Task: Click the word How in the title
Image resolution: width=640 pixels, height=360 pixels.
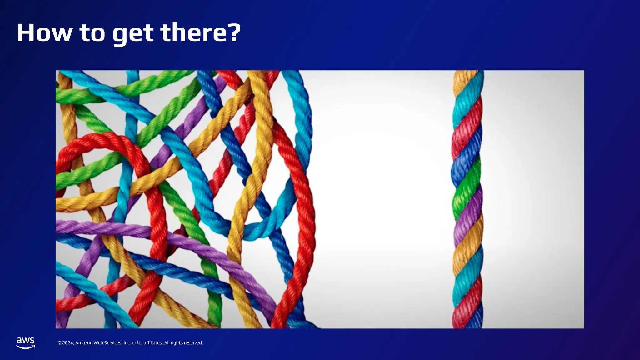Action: tap(44, 33)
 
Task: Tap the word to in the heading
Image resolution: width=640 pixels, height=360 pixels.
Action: tap(92, 33)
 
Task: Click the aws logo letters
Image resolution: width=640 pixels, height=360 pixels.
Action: tap(26, 341)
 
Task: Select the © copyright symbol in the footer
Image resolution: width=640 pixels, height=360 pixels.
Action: tap(59, 343)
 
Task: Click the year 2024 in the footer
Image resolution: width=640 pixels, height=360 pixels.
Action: tap(68, 343)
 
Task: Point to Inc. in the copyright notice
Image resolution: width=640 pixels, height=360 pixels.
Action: tap(127, 343)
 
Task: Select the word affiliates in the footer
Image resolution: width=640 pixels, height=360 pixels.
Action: tap(153, 343)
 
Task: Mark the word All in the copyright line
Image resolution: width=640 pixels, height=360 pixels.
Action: tap(167, 343)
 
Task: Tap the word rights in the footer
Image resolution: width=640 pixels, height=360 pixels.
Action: tap(177, 343)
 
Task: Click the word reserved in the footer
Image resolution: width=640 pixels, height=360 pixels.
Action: tap(193, 343)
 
